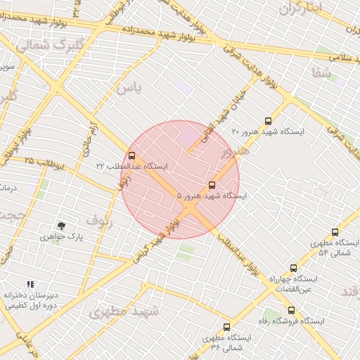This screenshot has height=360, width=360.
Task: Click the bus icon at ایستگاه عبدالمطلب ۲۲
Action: coord(131,155)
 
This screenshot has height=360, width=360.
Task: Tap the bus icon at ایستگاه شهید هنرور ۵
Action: coord(212,185)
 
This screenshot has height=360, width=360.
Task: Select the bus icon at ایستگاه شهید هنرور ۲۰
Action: coord(266,120)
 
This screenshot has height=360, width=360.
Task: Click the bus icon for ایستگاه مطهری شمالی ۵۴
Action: coord(335,231)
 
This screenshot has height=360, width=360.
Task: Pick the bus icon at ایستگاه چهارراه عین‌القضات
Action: coord(293,268)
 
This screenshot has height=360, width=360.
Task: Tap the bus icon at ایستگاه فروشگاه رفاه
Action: coord(290,310)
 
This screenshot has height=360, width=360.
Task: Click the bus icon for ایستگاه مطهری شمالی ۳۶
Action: coord(226,327)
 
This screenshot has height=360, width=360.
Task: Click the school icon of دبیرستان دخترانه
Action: coord(30,284)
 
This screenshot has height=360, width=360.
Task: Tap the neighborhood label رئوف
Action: coord(101,221)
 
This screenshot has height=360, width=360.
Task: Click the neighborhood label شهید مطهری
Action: coord(124,311)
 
